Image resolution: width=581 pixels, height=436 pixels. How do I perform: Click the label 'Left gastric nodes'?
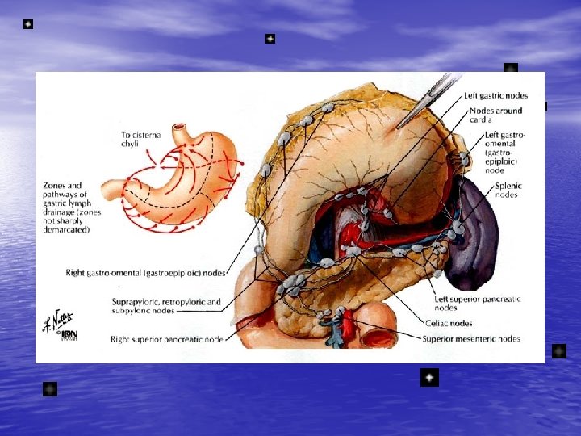point(495,96)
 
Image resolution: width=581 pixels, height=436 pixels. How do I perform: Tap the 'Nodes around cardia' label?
point(495,115)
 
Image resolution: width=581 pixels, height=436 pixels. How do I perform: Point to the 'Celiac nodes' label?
point(449,323)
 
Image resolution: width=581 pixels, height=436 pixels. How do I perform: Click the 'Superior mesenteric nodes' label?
point(471,338)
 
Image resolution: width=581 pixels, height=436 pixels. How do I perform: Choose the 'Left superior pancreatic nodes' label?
point(477,303)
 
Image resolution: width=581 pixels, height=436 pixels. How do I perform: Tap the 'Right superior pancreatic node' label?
point(167,340)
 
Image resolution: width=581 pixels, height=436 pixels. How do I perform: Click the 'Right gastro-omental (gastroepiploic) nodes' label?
point(145,273)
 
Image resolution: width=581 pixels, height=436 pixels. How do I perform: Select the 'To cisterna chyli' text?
point(140,140)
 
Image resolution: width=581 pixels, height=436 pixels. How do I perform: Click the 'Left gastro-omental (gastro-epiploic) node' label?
point(503,153)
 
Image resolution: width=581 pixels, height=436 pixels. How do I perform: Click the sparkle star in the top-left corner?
point(28,25)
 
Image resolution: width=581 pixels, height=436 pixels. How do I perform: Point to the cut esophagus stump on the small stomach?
point(180,130)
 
